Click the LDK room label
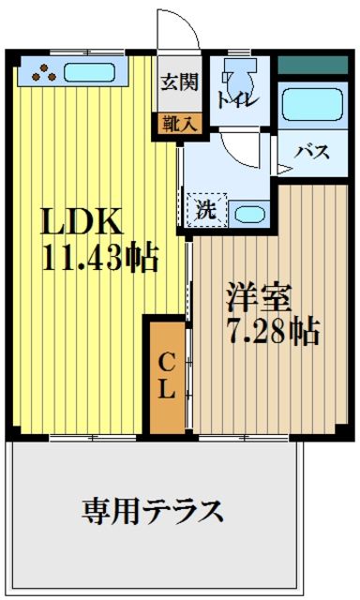point(81,222)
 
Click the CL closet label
point(166,375)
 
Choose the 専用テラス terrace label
point(153,512)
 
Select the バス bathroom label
point(312,152)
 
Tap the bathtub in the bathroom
point(312,106)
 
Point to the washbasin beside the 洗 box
point(247,212)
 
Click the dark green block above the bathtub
point(312,66)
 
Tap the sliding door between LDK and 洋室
point(190,281)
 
